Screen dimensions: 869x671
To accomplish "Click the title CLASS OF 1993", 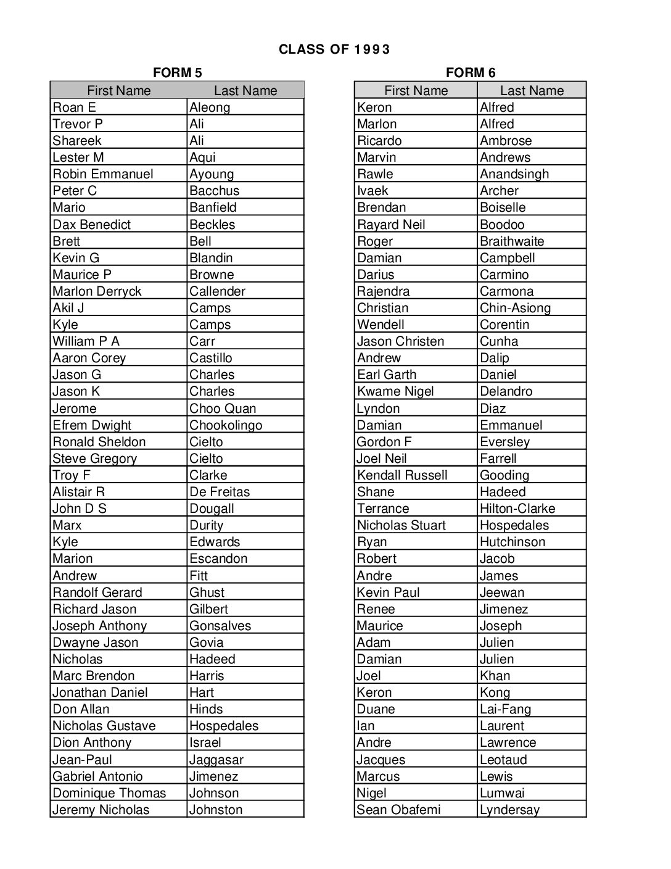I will pyautogui.click(x=334, y=49).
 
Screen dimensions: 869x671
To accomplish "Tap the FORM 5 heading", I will pyautogui.click(x=177, y=73).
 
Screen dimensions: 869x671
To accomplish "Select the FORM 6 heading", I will pyautogui.click(x=470, y=73).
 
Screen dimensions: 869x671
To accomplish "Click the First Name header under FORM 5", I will pyautogui.click(x=118, y=91).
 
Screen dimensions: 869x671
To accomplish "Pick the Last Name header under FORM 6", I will pyautogui.click(x=532, y=91).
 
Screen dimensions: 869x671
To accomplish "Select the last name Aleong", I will pyautogui.click(x=210, y=107).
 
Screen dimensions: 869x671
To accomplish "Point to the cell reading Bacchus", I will pyautogui.click(x=214, y=191).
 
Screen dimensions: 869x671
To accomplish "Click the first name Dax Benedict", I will pyautogui.click(x=91, y=225).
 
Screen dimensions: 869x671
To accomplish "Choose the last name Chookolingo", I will pyautogui.click(x=226, y=425).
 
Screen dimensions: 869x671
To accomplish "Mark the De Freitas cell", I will pyautogui.click(x=220, y=492).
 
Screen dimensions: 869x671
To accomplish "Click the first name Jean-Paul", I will pyautogui.click(x=82, y=760).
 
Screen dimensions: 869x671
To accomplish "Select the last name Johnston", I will pyautogui.click(x=216, y=810).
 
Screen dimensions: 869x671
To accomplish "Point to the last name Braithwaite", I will pyautogui.click(x=512, y=241).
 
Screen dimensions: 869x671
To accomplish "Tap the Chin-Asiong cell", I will pyautogui.click(x=515, y=308).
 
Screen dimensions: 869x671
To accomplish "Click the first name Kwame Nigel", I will pyautogui.click(x=395, y=391).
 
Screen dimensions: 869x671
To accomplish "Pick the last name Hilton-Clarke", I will pyautogui.click(x=517, y=509).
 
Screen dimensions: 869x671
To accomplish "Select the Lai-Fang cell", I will pyautogui.click(x=505, y=709).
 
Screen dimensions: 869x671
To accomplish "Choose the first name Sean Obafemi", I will pyautogui.click(x=398, y=810).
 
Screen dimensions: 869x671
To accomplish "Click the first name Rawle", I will pyautogui.click(x=375, y=174).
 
